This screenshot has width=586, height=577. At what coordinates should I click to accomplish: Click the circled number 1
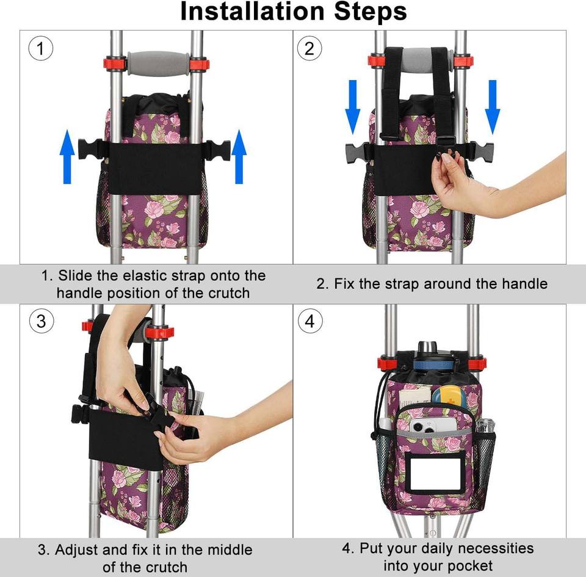[x=41, y=49]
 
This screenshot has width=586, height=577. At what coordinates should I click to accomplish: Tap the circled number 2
[x=309, y=49]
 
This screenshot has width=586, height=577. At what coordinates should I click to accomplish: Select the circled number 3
[x=41, y=321]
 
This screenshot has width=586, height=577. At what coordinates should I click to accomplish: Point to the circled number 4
[x=310, y=321]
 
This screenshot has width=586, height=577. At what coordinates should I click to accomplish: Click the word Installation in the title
[x=252, y=11]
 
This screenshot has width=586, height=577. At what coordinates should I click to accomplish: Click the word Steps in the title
[x=371, y=12]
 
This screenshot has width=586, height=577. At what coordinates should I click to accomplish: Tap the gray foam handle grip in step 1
[x=159, y=64]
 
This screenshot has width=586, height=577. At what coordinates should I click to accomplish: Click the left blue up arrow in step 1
[x=67, y=156]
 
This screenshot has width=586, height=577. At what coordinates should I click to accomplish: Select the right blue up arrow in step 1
[x=239, y=156]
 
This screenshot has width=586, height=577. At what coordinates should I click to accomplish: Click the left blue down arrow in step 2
[x=352, y=107]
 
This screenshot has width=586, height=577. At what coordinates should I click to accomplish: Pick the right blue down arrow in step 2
[x=493, y=107]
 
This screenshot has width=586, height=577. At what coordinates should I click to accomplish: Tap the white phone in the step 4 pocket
[x=433, y=426]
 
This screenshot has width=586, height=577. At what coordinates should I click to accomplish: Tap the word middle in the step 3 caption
[x=230, y=550]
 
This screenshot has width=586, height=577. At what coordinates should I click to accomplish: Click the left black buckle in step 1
[x=91, y=150]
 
